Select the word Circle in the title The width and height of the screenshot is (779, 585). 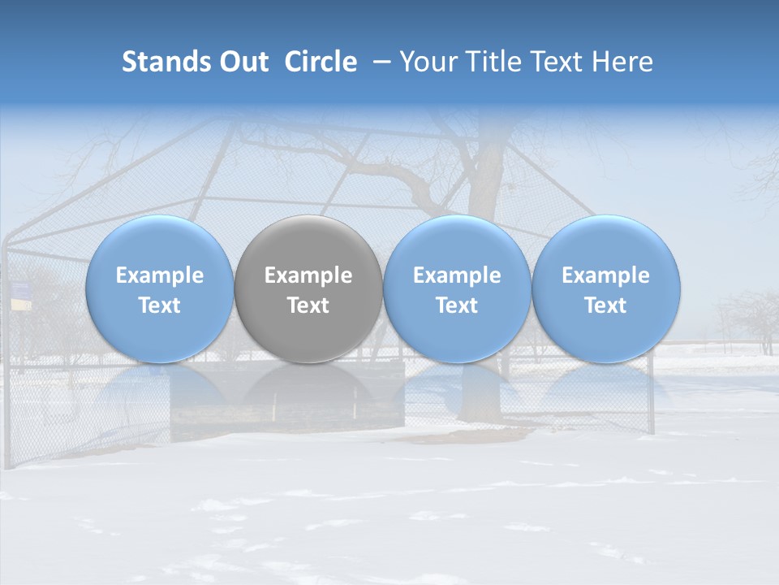[x=321, y=62]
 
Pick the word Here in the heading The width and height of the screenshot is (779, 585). [x=624, y=62]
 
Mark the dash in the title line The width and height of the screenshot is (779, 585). [x=379, y=62]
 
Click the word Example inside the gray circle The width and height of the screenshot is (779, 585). [x=308, y=275]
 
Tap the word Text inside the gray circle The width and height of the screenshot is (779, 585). [x=308, y=305]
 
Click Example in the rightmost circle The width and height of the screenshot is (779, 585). [x=605, y=275]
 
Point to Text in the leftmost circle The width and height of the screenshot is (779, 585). [x=159, y=305]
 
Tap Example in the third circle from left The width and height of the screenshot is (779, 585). [x=457, y=275]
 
